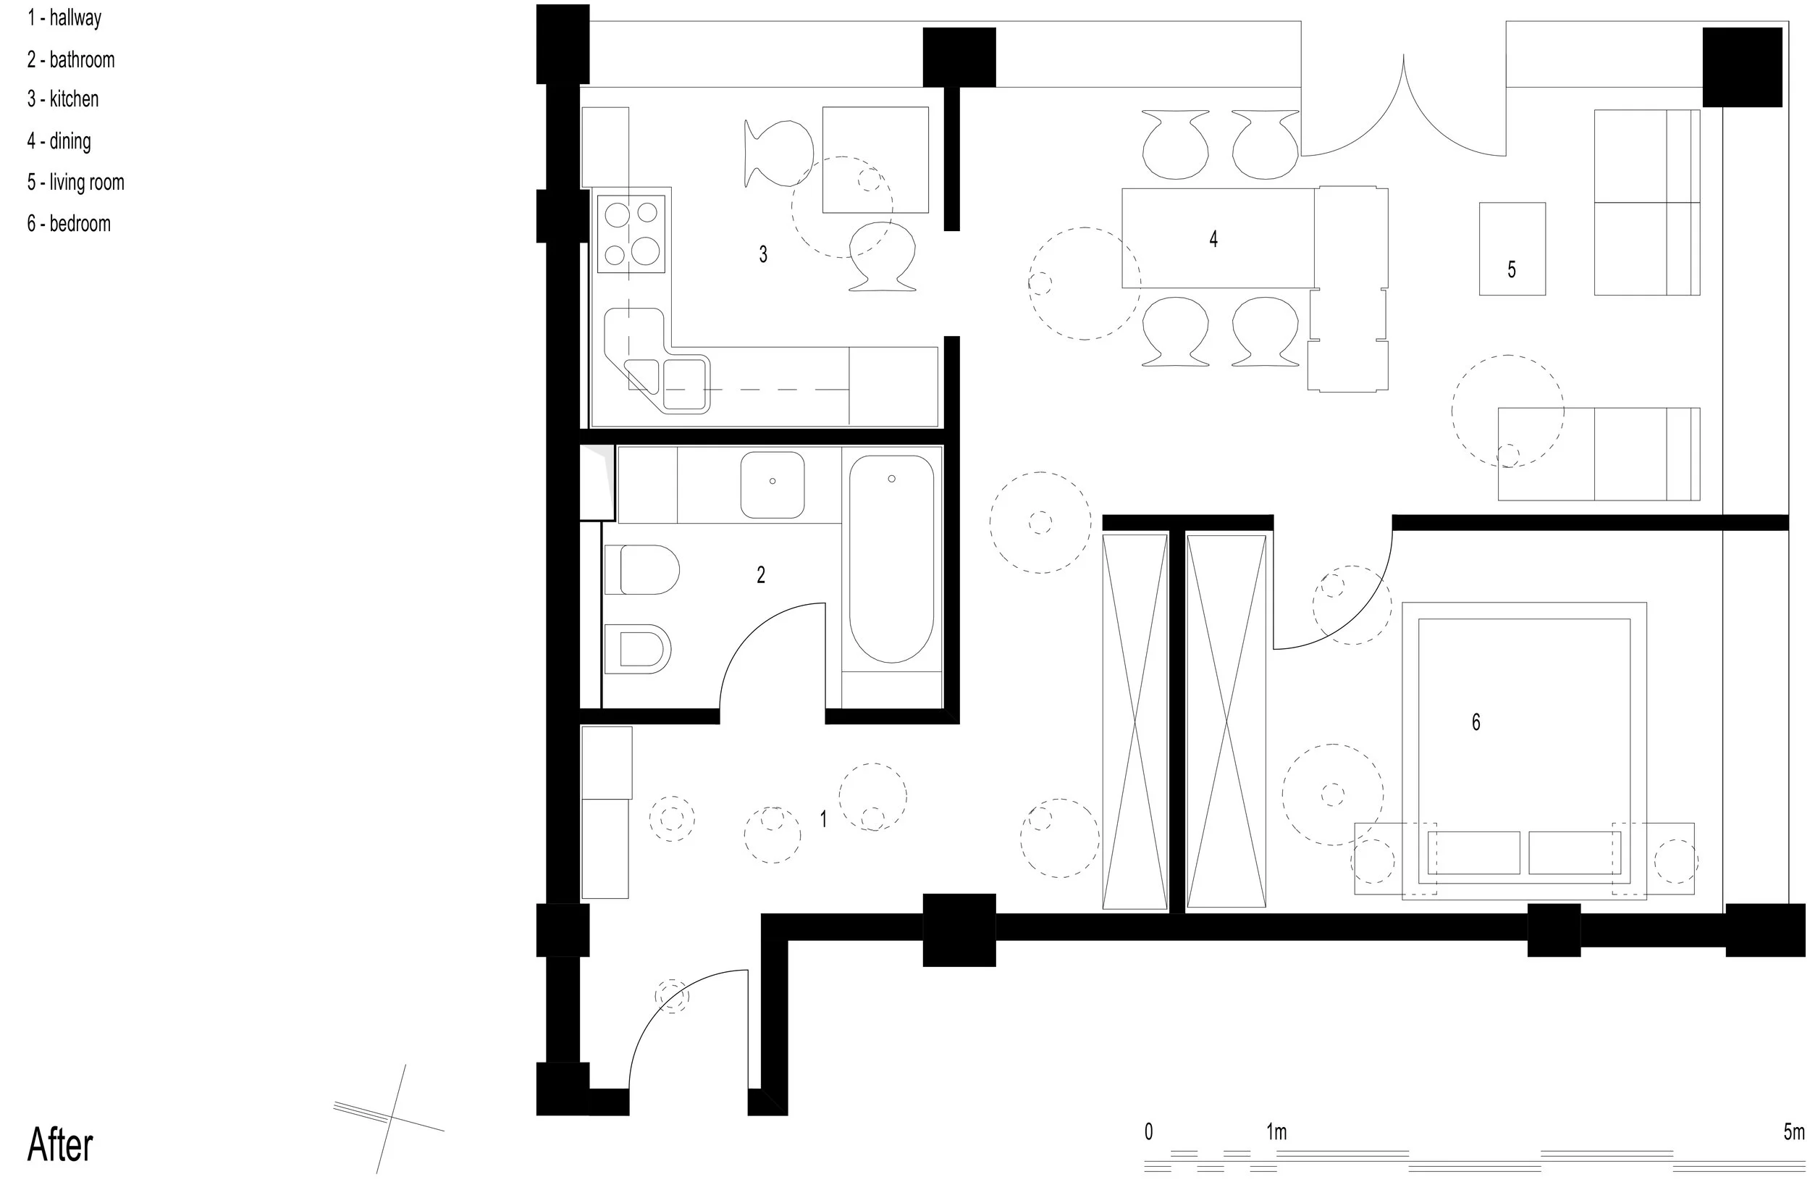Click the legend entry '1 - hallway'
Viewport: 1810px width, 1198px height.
tap(64, 18)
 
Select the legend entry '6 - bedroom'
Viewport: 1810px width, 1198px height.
tap(69, 224)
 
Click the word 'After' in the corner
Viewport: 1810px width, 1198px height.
tap(60, 1144)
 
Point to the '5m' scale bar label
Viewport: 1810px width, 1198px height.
tap(1794, 1131)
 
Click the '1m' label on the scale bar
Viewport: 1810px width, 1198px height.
tap(1276, 1131)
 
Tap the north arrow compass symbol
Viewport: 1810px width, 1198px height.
tap(390, 1118)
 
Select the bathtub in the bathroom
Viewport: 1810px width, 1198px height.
tap(891, 559)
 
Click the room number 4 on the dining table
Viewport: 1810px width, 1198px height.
tap(1213, 239)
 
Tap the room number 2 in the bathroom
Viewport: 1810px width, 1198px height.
tap(761, 574)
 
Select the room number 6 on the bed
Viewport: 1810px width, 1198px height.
tap(1476, 722)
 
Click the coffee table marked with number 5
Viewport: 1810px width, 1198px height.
tap(1512, 249)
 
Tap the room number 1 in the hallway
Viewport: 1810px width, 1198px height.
tap(823, 819)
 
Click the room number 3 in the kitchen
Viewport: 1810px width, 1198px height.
tap(763, 254)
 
